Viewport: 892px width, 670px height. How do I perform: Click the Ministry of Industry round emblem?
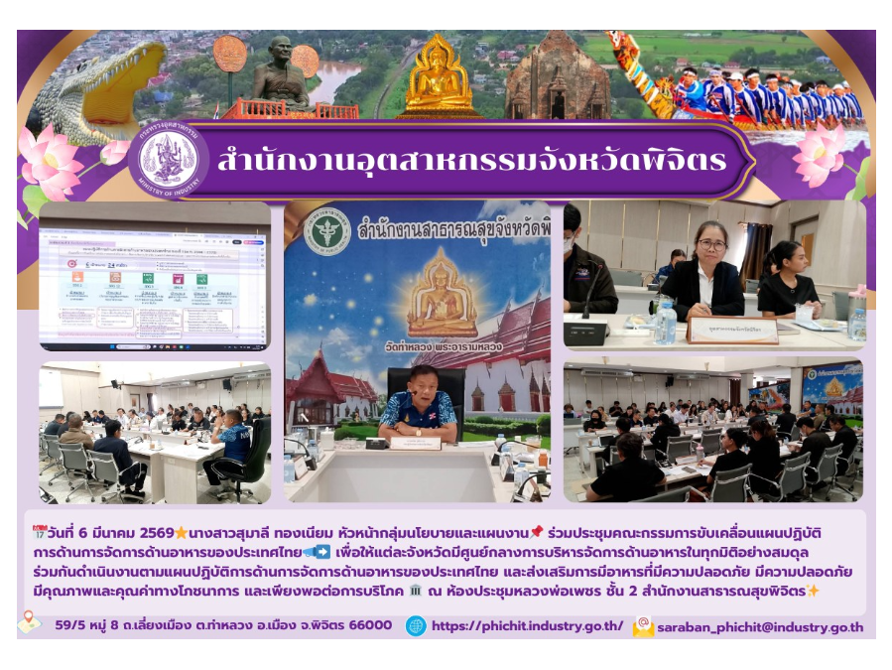click(x=169, y=159)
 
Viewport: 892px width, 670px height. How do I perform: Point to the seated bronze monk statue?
click(x=279, y=75)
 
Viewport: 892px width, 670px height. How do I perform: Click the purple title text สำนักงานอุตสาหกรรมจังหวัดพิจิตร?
click(x=471, y=161)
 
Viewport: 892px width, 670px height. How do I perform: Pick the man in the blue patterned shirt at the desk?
click(x=417, y=405)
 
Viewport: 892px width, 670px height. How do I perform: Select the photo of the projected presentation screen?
click(x=154, y=275)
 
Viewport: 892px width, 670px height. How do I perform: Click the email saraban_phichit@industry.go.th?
click(x=761, y=627)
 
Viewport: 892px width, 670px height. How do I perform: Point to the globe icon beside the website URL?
click(x=416, y=626)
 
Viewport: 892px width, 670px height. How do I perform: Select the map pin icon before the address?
click(x=30, y=622)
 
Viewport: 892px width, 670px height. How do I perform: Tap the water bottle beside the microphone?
click(x=665, y=323)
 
